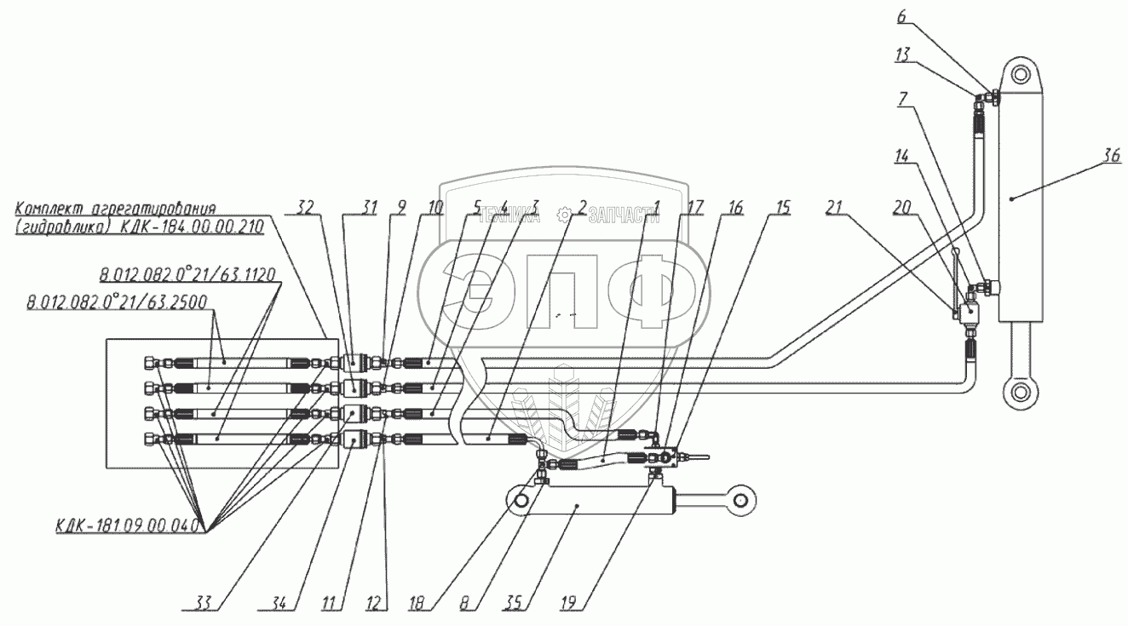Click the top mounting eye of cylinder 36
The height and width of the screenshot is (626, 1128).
[1023, 72]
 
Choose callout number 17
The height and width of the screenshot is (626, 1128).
[696, 206]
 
